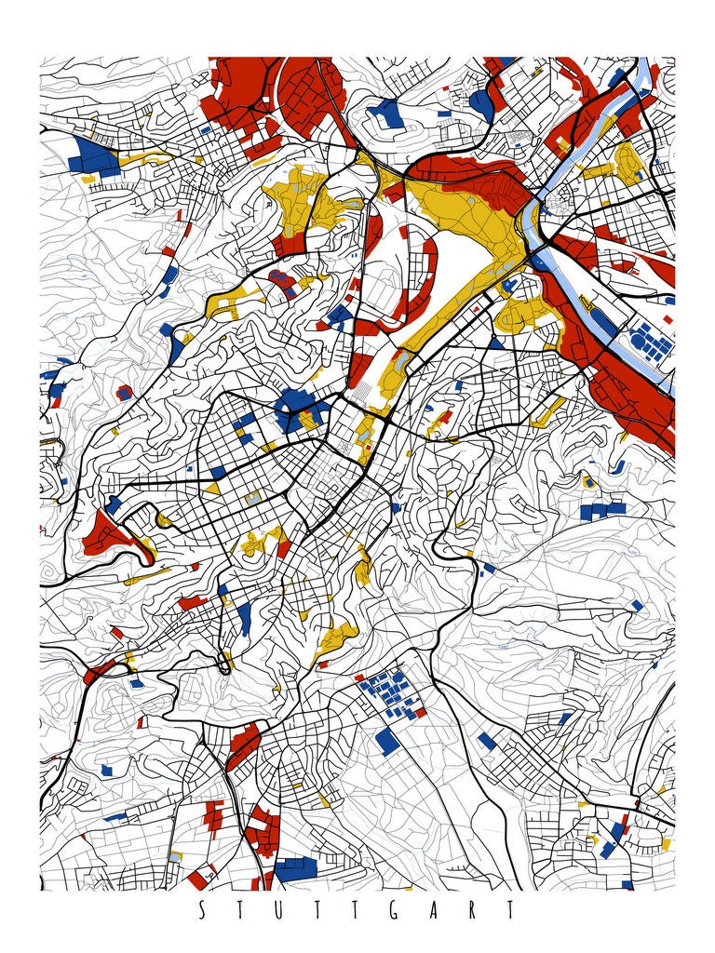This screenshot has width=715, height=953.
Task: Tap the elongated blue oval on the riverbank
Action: (x=602, y=321)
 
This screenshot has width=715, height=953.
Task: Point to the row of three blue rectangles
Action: (x=603, y=510)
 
